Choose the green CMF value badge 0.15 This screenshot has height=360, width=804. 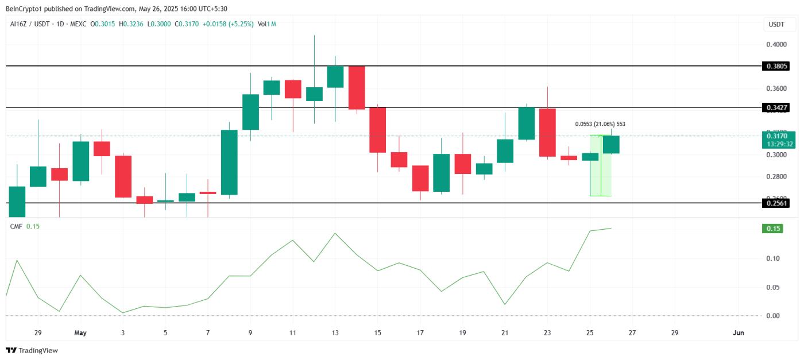(775, 229)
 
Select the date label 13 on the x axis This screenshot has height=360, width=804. (335, 332)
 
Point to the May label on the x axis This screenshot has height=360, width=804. (80, 332)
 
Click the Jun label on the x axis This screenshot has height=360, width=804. (739, 332)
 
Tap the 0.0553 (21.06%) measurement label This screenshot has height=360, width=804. (600, 124)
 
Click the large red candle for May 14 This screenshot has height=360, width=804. (357, 87)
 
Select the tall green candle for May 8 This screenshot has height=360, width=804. (230, 162)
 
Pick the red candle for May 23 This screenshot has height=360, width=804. (547, 132)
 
